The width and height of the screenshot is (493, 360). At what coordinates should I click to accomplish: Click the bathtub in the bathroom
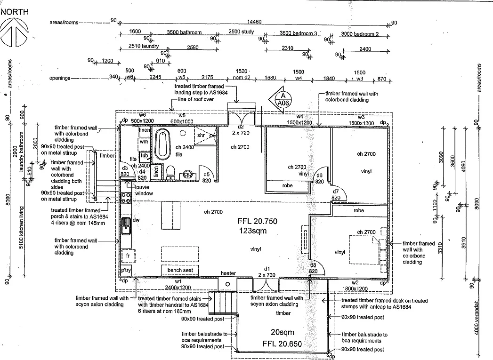tap(162, 143)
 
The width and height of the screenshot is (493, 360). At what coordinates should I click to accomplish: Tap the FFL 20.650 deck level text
tap(282, 344)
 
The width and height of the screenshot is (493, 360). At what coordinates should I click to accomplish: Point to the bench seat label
tap(179, 270)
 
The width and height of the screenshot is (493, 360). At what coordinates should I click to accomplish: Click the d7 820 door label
tap(335, 194)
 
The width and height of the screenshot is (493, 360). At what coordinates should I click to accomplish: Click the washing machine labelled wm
tap(144, 141)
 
